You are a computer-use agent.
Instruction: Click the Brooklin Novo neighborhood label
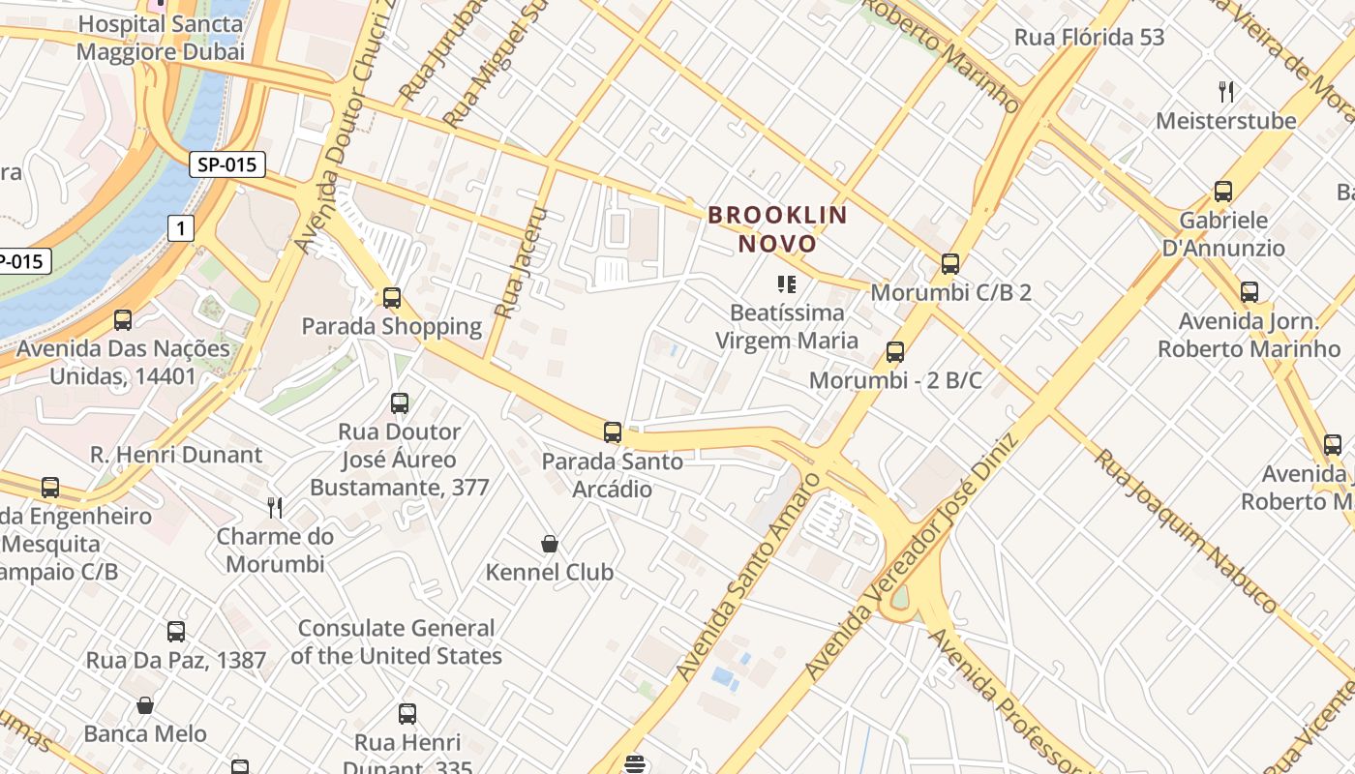778,229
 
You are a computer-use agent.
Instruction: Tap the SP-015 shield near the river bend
226,164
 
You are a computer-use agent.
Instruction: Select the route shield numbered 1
180,228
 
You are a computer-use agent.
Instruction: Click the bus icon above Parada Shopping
392,298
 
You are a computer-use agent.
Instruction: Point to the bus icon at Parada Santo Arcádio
613,432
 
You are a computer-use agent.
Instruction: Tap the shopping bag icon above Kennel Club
550,544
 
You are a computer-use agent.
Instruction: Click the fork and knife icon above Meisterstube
1226,92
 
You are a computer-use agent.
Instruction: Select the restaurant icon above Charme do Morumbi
275,507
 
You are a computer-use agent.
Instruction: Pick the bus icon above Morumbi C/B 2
950,264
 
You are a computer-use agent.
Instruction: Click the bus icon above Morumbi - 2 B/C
895,352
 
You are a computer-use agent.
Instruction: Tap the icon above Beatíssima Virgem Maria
787,284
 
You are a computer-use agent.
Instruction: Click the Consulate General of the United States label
397,641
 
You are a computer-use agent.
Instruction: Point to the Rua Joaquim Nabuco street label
1186,529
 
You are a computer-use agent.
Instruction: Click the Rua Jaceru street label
521,262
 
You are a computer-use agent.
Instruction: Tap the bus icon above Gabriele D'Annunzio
1223,192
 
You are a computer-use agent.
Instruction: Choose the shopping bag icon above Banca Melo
145,705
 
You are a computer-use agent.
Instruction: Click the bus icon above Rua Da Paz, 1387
176,632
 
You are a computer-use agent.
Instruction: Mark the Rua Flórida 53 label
1089,37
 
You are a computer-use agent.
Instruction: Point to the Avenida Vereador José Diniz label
912,556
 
